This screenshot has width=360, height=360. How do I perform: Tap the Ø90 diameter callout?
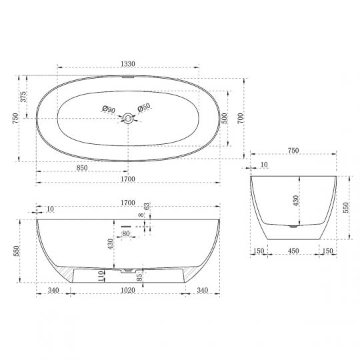click(109, 109)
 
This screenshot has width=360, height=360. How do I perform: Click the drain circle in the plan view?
click(127, 119)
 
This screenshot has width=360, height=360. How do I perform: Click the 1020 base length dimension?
click(128, 291)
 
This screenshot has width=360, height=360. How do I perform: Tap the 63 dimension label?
click(147, 207)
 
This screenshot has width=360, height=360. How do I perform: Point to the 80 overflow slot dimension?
click(125, 234)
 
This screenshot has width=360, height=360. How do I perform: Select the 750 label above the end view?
click(293, 151)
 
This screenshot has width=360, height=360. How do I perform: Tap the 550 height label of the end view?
click(345, 208)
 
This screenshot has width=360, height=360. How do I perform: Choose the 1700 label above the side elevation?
click(127, 202)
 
